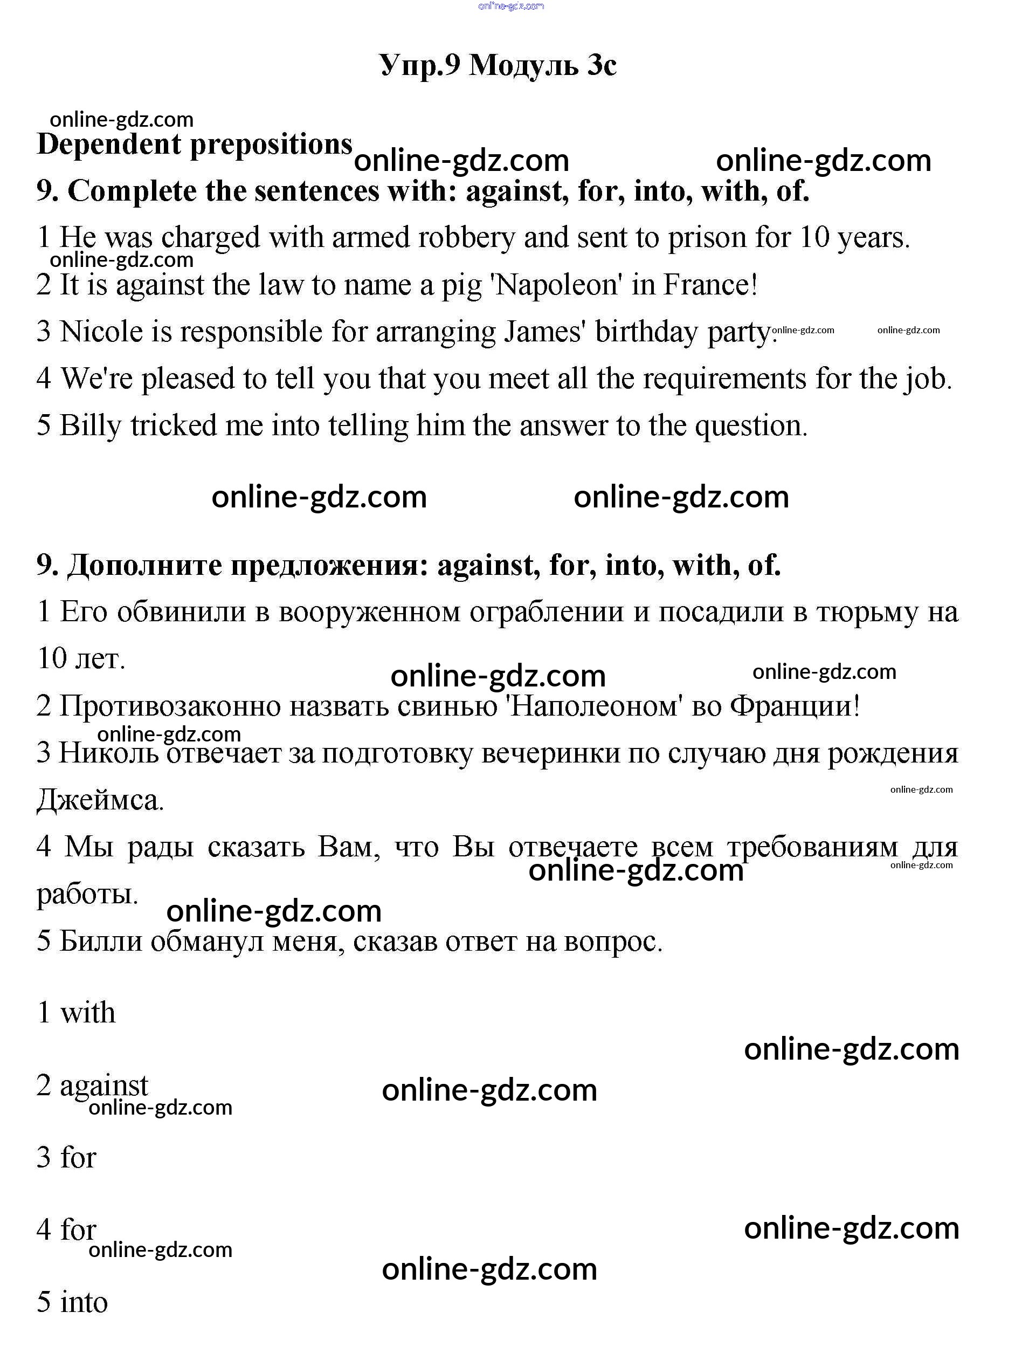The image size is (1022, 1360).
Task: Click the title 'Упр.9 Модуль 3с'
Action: [x=498, y=65]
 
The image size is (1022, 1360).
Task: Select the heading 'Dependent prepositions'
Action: [x=194, y=145]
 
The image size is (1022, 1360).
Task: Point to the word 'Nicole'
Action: [x=101, y=332]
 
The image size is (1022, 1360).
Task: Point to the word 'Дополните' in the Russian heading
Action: [x=144, y=565]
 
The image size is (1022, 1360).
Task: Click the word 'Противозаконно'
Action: [x=170, y=706]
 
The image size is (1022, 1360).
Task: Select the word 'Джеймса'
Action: [x=100, y=800]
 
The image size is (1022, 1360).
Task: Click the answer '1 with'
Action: [x=76, y=1013]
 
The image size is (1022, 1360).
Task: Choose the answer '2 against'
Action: [x=92, y=1085]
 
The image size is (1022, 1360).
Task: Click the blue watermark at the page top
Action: [x=510, y=6]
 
